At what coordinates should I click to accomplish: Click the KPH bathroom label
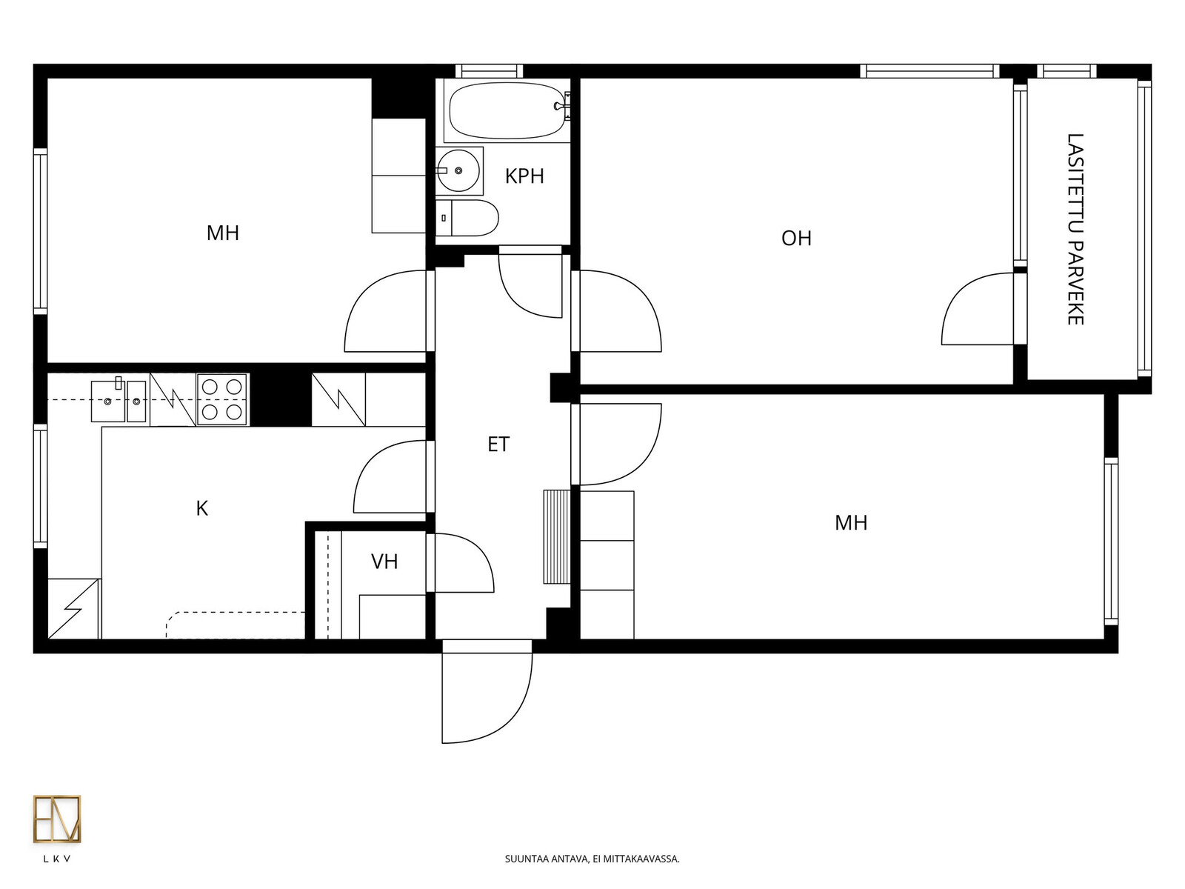pos(524,176)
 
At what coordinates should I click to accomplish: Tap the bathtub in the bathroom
pos(507,110)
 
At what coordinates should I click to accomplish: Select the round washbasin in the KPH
pos(458,171)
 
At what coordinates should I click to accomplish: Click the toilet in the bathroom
pos(467,218)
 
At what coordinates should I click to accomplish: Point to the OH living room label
pos(796,238)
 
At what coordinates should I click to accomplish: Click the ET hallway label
pos(498,444)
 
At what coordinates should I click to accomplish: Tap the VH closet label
pos(384,562)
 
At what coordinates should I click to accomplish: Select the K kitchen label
pos(202,508)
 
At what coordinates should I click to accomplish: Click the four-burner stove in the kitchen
pos(222,399)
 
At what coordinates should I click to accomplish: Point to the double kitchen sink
pos(118,401)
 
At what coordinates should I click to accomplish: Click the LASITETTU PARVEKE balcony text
pos(1075,230)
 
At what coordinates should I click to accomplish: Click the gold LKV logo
pos(57,819)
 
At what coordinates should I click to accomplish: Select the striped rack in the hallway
pos(557,536)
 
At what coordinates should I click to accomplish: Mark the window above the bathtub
pos(490,71)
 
